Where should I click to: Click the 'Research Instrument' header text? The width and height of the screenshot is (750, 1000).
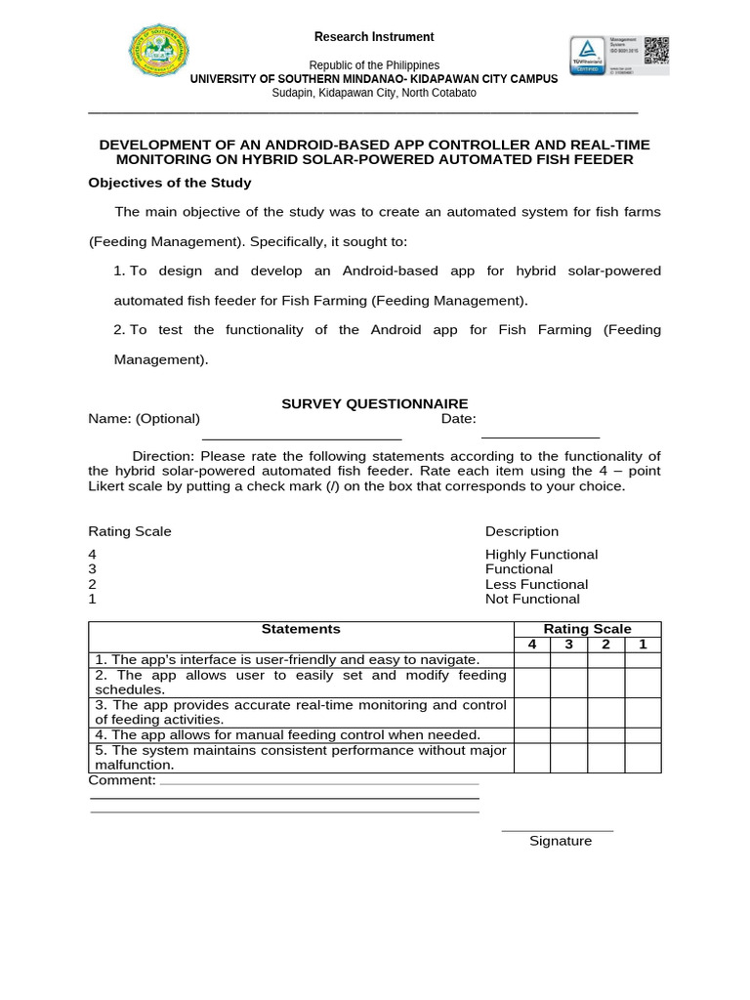[374, 37]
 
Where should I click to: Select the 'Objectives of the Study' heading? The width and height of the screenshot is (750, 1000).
[170, 183]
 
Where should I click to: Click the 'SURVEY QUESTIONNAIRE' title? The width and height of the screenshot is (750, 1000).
[375, 403]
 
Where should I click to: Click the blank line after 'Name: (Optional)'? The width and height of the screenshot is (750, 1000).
[301, 437]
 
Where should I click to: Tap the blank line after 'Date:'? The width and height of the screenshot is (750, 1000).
[540, 437]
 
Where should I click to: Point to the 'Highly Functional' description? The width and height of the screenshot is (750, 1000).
[541, 555]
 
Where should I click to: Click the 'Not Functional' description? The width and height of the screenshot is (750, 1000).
[532, 599]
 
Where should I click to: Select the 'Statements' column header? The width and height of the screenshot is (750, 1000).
[301, 629]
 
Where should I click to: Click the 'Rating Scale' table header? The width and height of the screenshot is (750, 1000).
[587, 629]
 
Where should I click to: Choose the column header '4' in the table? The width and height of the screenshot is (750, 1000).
[532, 645]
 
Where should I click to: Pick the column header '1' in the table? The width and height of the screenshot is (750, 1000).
[643, 645]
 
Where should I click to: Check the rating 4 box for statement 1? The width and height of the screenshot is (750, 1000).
[532, 660]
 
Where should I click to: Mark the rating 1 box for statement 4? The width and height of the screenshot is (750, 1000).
[643, 734]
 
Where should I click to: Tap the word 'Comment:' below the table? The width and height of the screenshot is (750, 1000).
[122, 780]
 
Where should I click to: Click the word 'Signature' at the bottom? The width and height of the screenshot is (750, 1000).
[561, 841]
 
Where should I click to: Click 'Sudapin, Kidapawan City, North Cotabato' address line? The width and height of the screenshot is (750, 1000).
[374, 93]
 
